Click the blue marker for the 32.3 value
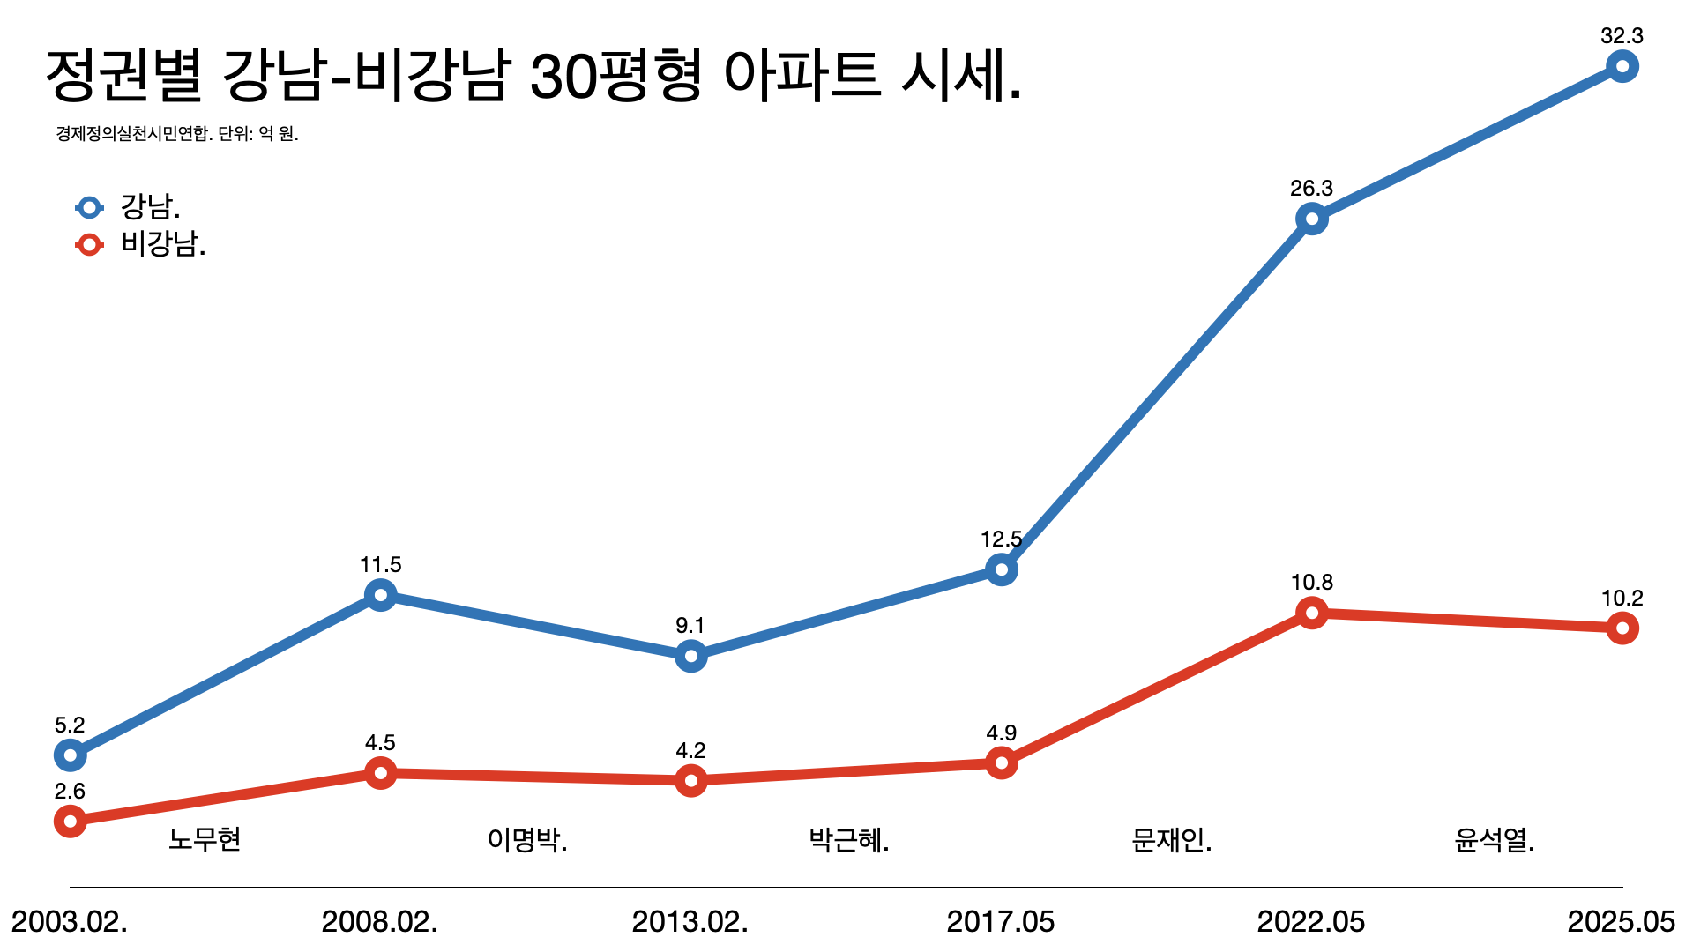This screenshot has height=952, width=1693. click(x=1622, y=66)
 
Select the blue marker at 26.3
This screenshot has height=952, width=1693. click(x=1311, y=219)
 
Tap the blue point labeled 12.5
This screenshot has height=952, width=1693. click(x=1001, y=569)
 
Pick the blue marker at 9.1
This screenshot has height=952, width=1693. click(x=690, y=656)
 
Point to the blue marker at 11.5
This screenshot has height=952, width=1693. click(x=380, y=595)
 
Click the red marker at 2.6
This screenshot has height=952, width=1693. click(x=70, y=821)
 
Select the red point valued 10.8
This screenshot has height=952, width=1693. click(x=1311, y=613)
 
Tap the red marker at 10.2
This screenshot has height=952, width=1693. click(x=1622, y=628)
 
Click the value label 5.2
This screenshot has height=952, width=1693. click(x=70, y=725)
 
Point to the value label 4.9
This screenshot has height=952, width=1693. click(x=1001, y=733)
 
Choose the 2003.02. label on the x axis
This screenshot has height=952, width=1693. click(x=70, y=922)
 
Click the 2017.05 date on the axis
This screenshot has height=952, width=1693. click(x=1001, y=922)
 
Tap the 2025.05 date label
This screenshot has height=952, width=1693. click(x=1621, y=922)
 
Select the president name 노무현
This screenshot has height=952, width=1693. click(x=205, y=839)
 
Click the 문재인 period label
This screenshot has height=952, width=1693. click(x=1169, y=840)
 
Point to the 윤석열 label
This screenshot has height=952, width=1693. click(x=1492, y=840)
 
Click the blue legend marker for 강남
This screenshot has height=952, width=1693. click(x=89, y=208)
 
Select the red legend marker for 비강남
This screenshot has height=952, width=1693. click(x=89, y=244)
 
